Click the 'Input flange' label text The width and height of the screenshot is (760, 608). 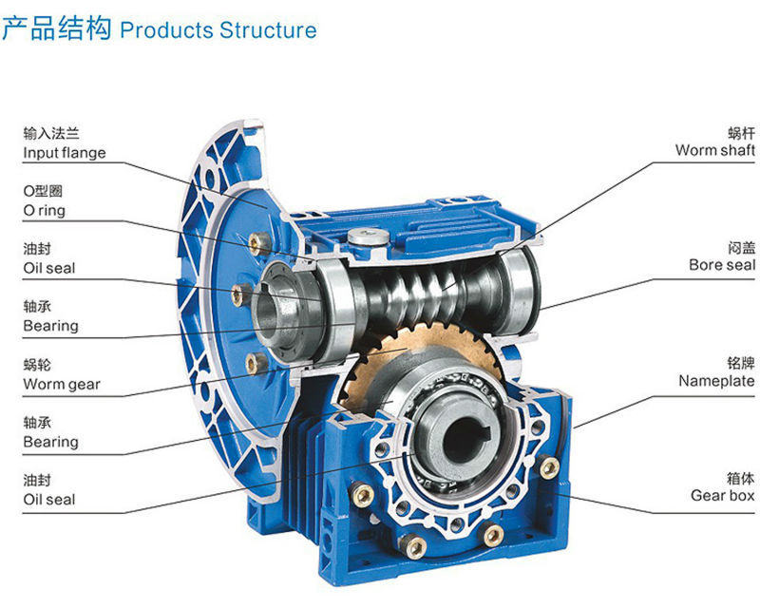(65, 153)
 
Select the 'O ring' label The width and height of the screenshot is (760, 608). (45, 211)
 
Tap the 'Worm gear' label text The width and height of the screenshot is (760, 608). (62, 385)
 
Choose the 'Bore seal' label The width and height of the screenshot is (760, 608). (721, 265)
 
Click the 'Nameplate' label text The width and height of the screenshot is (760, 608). (716, 381)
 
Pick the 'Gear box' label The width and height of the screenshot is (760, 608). (722, 495)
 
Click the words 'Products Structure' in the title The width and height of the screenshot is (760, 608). (218, 29)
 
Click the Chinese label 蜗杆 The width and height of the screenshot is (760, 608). (740, 133)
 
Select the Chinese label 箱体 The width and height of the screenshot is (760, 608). (740, 478)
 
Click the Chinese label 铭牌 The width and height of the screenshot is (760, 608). (740, 364)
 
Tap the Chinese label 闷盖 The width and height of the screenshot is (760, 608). (740, 248)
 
